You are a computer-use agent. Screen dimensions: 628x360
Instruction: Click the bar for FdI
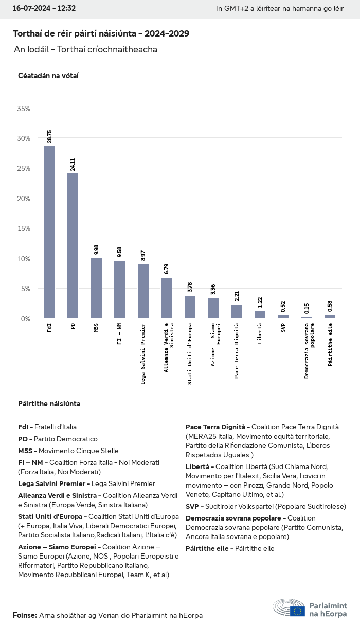(49, 231)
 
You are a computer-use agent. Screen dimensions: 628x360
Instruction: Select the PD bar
(73, 245)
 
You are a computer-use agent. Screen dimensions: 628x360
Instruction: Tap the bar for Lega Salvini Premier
(143, 291)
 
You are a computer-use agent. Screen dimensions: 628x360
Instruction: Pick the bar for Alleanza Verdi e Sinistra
(166, 298)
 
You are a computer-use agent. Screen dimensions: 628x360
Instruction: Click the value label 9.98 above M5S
(96, 249)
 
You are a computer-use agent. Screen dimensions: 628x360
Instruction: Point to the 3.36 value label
(213, 290)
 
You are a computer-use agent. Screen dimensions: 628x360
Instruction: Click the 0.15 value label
(307, 309)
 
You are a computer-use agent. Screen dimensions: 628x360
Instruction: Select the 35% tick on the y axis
(24, 109)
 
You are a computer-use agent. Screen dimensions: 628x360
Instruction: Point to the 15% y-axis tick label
(24, 228)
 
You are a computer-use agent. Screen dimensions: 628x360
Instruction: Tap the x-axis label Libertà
(260, 334)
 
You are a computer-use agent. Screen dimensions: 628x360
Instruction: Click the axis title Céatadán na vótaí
(48, 76)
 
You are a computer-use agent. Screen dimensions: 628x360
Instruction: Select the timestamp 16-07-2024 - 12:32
(44, 9)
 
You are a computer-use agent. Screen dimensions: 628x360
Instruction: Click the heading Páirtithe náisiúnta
(49, 404)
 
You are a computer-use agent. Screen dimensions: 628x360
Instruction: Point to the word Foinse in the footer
(24, 615)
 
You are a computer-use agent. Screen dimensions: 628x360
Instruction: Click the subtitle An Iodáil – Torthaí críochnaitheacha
(85, 50)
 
